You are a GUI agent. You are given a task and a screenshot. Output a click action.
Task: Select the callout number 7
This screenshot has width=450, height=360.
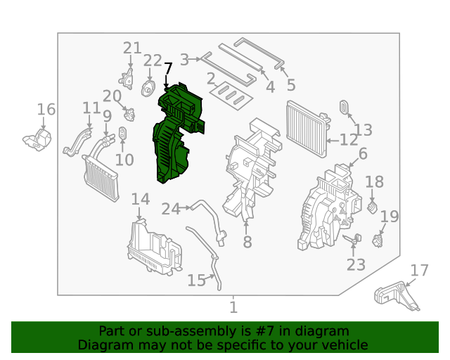168,69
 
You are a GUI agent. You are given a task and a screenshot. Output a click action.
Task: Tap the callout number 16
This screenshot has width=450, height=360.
46,110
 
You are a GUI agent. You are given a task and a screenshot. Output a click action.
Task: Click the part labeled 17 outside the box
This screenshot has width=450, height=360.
396,296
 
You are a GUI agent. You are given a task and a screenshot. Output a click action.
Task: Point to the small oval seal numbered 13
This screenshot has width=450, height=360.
344,107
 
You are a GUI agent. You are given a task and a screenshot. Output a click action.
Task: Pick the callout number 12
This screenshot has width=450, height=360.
349,140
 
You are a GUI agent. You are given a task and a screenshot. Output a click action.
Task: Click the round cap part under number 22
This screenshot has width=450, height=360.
148,89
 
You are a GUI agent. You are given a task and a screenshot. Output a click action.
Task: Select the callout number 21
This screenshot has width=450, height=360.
132,48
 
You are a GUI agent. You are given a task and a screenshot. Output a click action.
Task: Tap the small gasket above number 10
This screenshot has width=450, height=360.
122,133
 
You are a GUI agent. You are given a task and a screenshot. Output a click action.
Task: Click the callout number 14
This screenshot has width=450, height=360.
141,199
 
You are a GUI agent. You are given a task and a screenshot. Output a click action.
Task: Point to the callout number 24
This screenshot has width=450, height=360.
171,209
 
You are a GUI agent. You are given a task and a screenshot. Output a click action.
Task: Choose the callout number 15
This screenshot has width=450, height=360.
197,280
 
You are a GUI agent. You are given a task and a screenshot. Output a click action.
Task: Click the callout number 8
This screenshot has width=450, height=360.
247,242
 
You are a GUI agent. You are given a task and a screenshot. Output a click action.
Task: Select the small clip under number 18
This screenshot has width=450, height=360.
372,207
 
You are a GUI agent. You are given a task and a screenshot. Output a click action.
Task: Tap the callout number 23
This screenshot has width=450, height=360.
356,264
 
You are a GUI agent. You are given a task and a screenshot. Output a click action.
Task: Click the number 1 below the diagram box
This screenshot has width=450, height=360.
233,307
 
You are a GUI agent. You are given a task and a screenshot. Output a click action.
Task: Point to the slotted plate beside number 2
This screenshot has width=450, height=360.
231,96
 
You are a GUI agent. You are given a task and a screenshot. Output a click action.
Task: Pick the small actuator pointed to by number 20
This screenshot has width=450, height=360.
129,115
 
